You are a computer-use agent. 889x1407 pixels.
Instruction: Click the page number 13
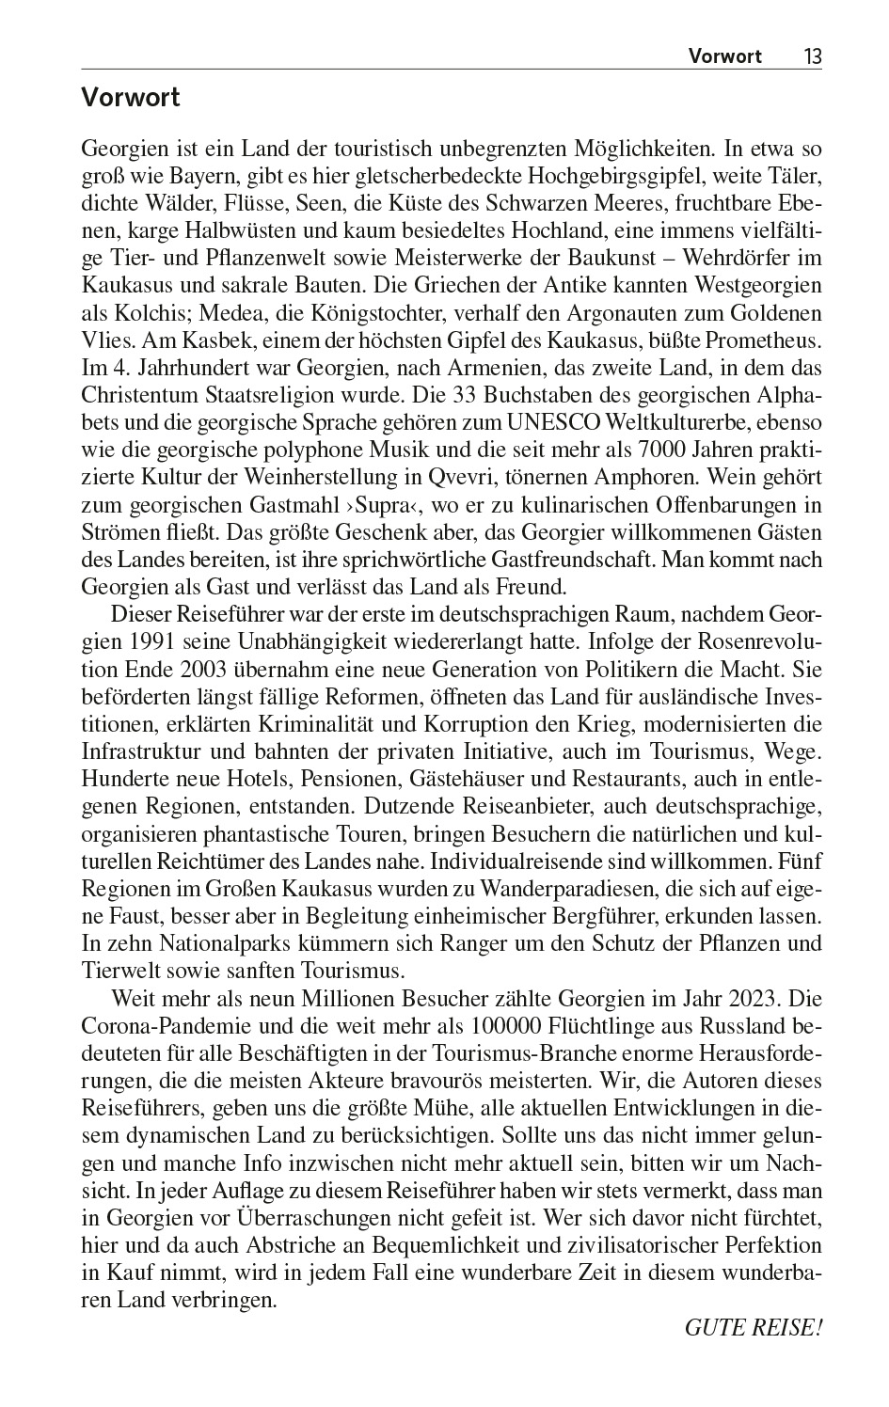point(812,55)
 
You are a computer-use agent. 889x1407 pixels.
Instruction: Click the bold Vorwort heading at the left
point(130,98)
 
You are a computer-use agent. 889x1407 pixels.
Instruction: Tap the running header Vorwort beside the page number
point(724,55)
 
